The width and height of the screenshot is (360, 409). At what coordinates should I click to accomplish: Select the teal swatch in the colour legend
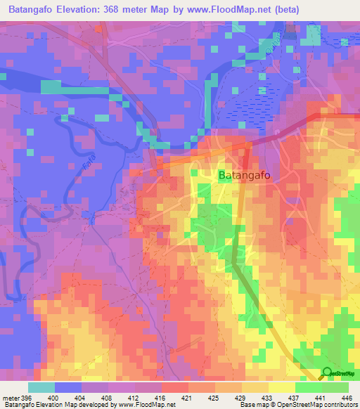[41, 387]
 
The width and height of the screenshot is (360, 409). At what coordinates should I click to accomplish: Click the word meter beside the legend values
[11, 398]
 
